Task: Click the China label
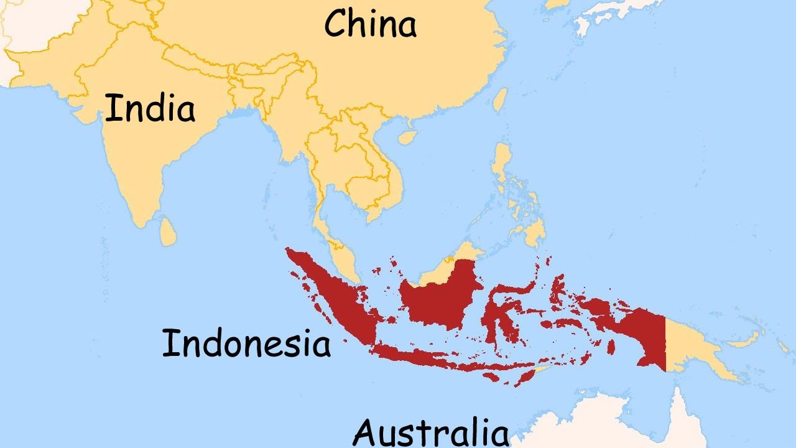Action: pyautogui.click(x=371, y=25)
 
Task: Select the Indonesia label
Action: pyautogui.click(x=246, y=343)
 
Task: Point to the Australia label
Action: pyautogui.click(x=431, y=432)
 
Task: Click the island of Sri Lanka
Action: pyautogui.click(x=167, y=231)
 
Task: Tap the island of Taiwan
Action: pyautogui.click(x=500, y=100)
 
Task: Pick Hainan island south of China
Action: pyautogui.click(x=407, y=136)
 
